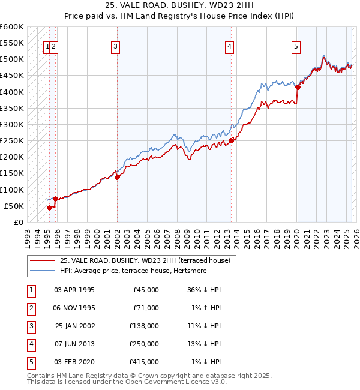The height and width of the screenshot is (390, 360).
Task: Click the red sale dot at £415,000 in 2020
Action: [298, 87]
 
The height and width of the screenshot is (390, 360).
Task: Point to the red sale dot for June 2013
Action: [231, 141]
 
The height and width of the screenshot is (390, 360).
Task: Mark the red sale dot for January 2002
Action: [117, 177]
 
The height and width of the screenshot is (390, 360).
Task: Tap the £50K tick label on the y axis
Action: [14, 206]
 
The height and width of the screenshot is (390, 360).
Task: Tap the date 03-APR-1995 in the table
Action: [74, 290]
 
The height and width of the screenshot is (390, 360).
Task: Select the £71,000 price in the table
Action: [145, 308]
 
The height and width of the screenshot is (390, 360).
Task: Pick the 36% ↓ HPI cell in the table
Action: [204, 290]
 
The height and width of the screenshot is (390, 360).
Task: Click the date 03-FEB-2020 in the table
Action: [74, 362]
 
